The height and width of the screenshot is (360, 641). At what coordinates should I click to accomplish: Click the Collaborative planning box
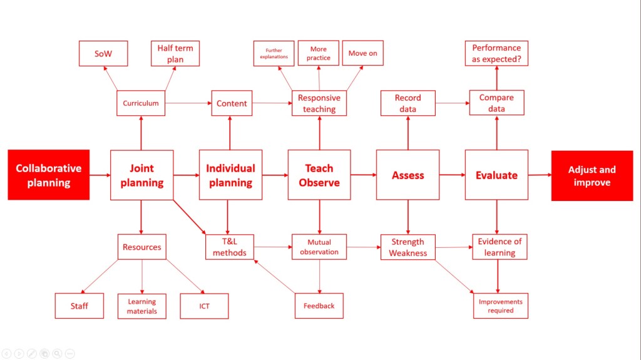click(x=48, y=175)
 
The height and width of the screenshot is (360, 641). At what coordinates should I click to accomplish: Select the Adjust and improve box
click(x=592, y=175)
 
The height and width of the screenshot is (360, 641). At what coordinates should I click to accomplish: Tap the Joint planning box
click(x=141, y=175)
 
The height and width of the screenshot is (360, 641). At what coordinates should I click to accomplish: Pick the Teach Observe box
click(x=319, y=175)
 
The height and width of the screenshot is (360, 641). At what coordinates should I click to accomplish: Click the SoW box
click(x=103, y=54)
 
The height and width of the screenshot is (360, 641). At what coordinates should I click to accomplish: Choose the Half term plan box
click(x=175, y=54)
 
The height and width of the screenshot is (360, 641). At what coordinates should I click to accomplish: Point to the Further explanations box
click(x=273, y=53)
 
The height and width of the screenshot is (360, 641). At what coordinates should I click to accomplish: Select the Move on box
click(x=362, y=53)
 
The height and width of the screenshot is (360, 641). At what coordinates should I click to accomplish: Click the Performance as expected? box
click(x=496, y=54)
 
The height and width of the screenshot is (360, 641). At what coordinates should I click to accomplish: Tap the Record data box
click(x=408, y=103)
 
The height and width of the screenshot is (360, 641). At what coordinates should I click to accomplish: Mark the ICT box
click(x=204, y=306)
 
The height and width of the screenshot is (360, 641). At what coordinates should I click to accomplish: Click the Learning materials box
click(x=142, y=306)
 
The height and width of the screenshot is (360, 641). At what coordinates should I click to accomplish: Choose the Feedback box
click(x=319, y=306)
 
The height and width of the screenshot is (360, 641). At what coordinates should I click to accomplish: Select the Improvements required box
click(x=500, y=306)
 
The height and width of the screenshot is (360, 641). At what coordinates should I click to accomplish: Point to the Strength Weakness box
click(x=408, y=247)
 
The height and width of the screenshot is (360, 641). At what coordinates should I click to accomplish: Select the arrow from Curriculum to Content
click(x=188, y=103)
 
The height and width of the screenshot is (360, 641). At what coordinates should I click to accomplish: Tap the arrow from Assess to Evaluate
click(x=452, y=175)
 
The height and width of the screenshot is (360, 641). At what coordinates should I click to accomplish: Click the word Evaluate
click(x=496, y=175)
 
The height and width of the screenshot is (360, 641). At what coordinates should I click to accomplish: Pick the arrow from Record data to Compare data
click(x=452, y=103)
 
